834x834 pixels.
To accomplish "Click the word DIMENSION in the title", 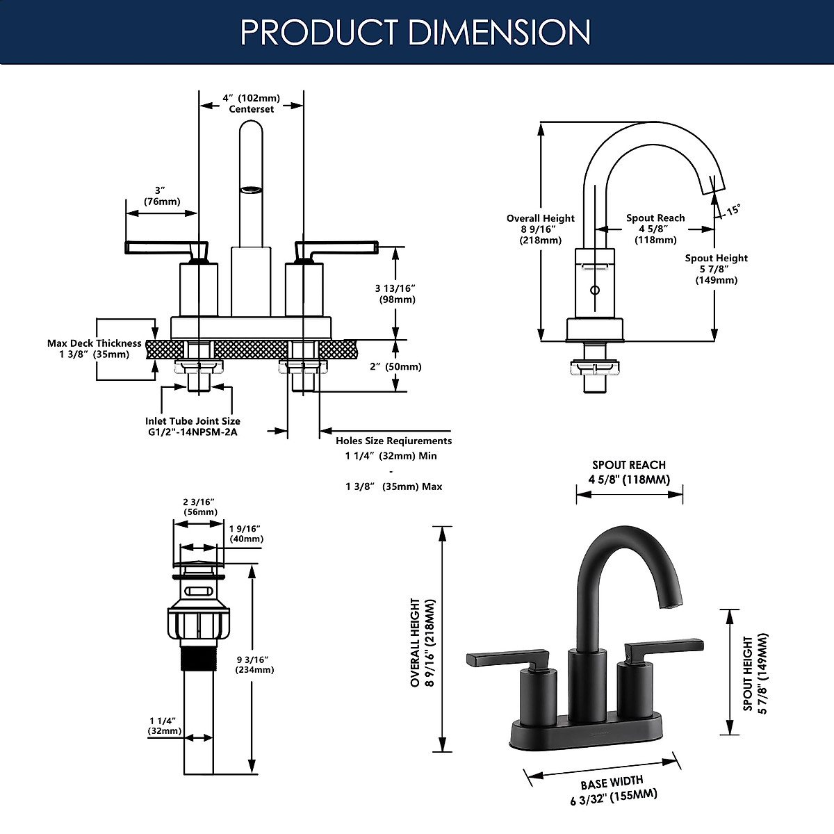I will pos(499,32).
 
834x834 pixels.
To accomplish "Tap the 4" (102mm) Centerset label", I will pos(251,104).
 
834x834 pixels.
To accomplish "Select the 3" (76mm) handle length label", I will pos(161,196).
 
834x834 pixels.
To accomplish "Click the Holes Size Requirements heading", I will pos(393,441).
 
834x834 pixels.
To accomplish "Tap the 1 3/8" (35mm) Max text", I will pos(393,486).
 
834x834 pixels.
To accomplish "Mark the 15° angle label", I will pos(733,209).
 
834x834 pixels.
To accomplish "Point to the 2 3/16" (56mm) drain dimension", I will pos(199,507).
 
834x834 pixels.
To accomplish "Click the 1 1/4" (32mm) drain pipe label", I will pos(164,726).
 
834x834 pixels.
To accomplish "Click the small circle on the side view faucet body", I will pos(594,290).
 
